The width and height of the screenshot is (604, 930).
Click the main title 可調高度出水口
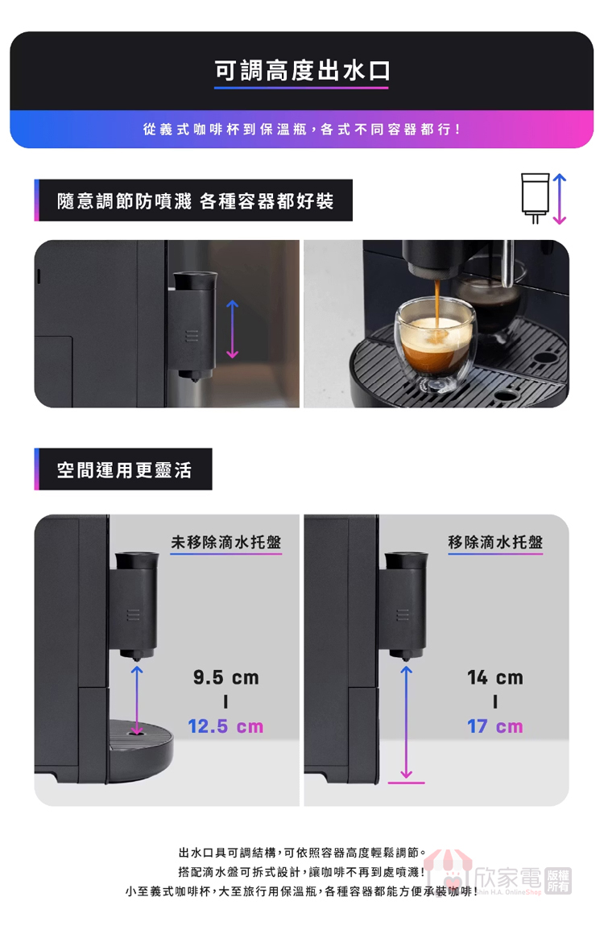[302, 71]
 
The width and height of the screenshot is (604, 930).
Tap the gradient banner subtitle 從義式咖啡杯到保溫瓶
[225, 130]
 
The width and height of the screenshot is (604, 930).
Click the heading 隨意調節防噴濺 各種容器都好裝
[195, 201]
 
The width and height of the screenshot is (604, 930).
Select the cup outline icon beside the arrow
[536, 197]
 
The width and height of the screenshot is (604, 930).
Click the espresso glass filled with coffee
[436, 343]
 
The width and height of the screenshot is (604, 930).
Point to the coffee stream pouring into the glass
[437, 303]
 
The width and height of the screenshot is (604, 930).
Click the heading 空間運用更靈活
[124, 469]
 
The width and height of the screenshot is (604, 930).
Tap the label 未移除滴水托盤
[226, 542]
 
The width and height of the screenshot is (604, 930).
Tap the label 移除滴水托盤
[495, 542]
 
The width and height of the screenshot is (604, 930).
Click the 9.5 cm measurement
[226, 677]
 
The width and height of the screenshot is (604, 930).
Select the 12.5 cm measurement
[225, 726]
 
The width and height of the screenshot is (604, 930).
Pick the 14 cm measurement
[495, 677]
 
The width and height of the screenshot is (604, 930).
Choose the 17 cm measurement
[495, 726]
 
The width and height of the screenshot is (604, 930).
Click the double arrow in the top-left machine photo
[233, 329]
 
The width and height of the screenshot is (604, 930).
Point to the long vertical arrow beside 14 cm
[407, 721]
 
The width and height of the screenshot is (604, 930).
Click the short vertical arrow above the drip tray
[137, 700]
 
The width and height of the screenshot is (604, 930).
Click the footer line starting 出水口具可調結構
[302, 853]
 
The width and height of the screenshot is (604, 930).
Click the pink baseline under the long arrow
[407, 783]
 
